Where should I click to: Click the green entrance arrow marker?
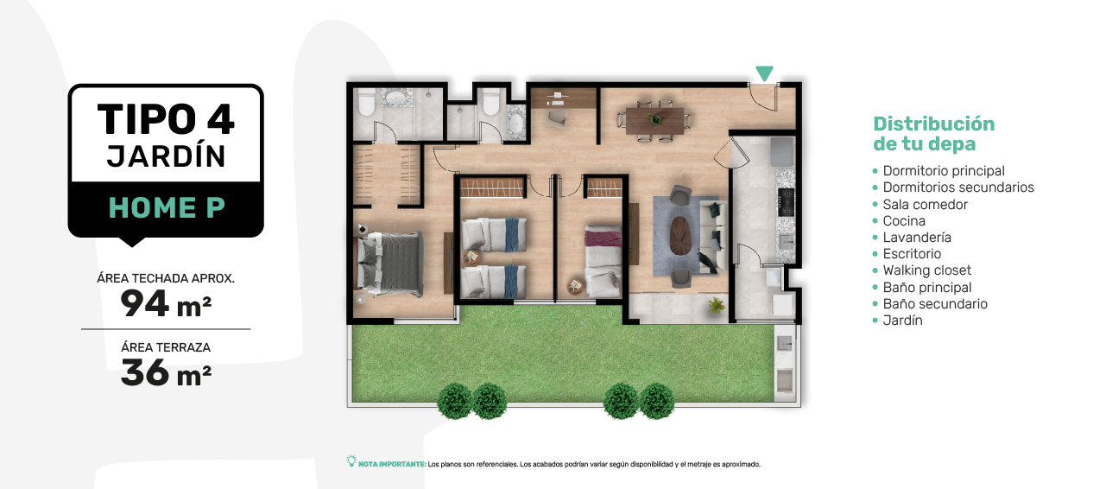764,73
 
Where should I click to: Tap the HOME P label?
167,207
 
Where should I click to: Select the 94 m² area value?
166,304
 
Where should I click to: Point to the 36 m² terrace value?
166,373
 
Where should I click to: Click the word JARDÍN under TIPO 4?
166,156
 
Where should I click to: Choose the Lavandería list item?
917,238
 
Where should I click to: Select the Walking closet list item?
926,270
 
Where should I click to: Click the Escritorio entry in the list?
912,254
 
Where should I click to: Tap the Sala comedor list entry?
925,205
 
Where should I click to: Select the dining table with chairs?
654,121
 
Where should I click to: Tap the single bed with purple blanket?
603,261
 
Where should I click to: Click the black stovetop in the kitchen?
786,202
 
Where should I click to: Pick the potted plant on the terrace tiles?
717,306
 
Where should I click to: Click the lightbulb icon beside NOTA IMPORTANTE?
351,461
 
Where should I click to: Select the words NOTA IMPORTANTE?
392,464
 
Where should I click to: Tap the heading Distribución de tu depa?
933,134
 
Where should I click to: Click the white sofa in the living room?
713,235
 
